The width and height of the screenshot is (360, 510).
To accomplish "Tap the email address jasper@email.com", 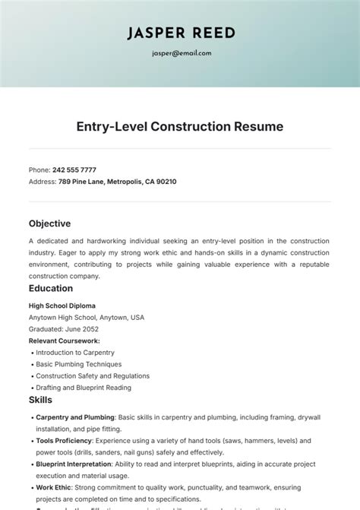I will (x=180, y=53).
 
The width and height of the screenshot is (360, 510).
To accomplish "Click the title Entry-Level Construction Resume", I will (x=180, y=126).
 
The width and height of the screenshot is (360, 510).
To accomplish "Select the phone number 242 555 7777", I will (x=74, y=169).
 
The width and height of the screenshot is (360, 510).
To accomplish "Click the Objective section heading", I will (x=49, y=223).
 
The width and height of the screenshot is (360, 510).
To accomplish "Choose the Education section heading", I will (x=51, y=288).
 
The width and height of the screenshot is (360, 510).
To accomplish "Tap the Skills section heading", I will (x=40, y=399).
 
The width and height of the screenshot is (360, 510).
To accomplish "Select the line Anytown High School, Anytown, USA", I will (x=86, y=317).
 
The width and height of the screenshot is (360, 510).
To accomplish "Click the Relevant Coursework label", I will (x=64, y=341).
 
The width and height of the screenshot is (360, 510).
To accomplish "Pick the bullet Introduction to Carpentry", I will (x=75, y=353).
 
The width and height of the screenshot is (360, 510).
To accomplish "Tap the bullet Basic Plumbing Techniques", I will (x=77, y=364).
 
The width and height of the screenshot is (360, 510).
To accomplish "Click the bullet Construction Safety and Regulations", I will (x=93, y=375).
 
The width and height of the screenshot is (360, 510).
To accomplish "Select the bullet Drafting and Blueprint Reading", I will (x=84, y=388).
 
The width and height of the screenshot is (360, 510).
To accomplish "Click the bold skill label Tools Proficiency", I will (x=64, y=440).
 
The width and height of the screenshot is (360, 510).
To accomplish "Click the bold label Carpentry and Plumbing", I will (x=75, y=417).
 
